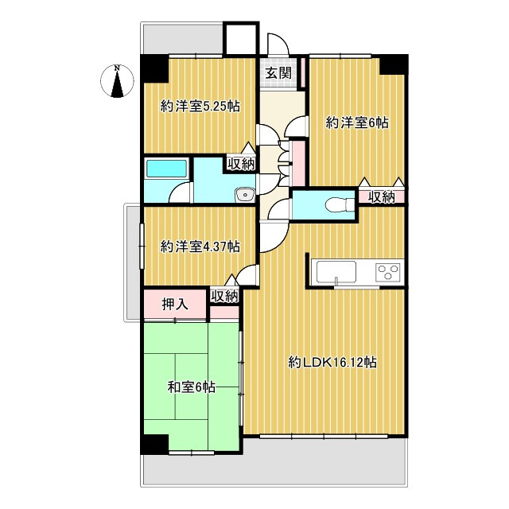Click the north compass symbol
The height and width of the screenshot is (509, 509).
(x=117, y=82)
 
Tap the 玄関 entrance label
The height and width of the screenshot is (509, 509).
(x=278, y=74)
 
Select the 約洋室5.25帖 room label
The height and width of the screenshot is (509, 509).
(x=200, y=106)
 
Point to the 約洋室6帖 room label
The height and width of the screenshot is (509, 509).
(x=357, y=122)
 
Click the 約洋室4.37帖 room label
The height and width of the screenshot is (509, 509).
(x=200, y=247)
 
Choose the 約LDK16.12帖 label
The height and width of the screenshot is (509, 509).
(x=332, y=362)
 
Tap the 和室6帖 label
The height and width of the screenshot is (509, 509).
(x=191, y=387)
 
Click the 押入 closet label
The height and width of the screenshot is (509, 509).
(x=174, y=303)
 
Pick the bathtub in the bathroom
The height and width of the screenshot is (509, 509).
(x=165, y=170)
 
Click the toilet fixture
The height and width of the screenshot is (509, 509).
(x=340, y=204)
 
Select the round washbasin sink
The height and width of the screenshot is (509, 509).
(x=244, y=193)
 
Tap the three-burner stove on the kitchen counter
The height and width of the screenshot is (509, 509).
(x=388, y=272)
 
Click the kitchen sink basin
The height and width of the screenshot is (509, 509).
(x=337, y=271)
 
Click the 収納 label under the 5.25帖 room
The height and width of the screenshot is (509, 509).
(x=241, y=165)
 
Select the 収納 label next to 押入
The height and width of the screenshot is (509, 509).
(x=224, y=296)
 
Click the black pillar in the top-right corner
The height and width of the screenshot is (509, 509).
(x=392, y=64)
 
